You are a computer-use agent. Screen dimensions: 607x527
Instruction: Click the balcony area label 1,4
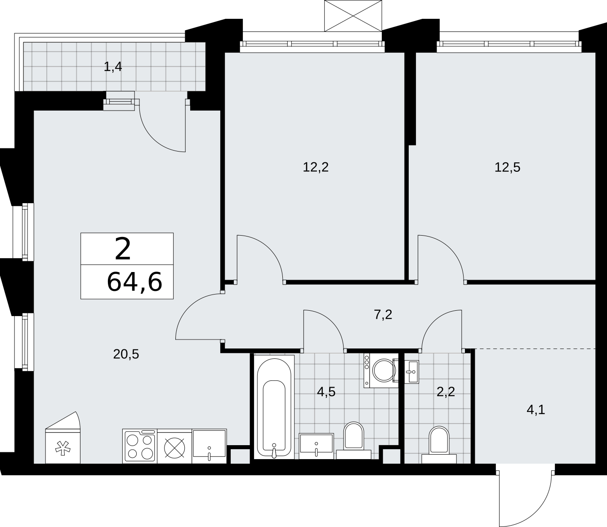pyautogui.click(x=113, y=67)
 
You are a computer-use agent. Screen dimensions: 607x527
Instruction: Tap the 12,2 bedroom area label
pyautogui.click(x=316, y=167)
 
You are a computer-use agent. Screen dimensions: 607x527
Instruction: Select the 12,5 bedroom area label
pyautogui.click(x=507, y=167)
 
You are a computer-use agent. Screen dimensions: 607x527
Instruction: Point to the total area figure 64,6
pyautogui.click(x=134, y=282)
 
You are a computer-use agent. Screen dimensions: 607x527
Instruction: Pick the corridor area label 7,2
pyautogui.click(x=383, y=315)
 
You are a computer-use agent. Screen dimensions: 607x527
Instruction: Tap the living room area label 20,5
pyautogui.click(x=126, y=354)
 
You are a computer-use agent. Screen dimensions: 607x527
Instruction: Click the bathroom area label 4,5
pyautogui.click(x=326, y=392)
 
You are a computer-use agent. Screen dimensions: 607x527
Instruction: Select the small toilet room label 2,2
pyautogui.click(x=446, y=392)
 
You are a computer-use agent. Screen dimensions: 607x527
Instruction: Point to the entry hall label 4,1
pyautogui.click(x=536, y=410)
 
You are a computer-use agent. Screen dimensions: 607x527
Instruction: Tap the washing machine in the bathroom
pyautogui.click(x=381, y=371)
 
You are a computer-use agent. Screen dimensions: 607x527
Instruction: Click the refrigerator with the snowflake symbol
pyautogui.click(x=63, y=438)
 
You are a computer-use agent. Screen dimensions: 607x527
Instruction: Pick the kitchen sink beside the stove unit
pyautogui.click(x=209, y=446)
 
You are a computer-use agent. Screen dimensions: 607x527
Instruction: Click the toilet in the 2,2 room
pyautogui.click(x=439, y=445)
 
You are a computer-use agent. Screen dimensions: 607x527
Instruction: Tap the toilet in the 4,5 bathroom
pyautogui.click(x=354, y=440)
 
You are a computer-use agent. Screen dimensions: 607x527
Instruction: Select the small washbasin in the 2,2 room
pyautogui.click(x=412, y=372)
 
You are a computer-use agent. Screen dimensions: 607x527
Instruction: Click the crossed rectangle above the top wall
pyautogui.click(x=353, y=16)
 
